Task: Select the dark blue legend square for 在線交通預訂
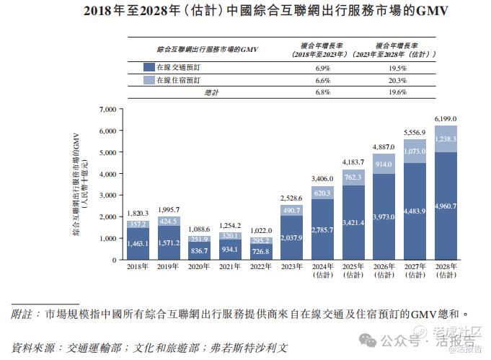[x=149, y=68]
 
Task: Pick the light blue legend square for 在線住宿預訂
[x=149, y=80]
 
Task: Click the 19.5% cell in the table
[x=394, y=68]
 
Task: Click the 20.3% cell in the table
[x=394, y=80]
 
